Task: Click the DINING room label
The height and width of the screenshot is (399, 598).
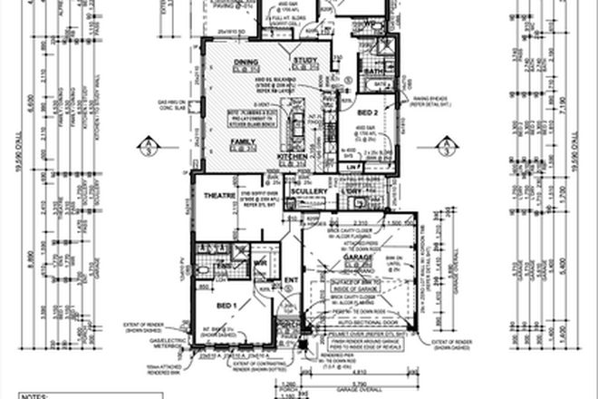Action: coord(246,63)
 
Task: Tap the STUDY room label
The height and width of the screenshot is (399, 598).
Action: coord(302,63)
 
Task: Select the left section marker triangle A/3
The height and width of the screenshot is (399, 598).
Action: coord(148,145)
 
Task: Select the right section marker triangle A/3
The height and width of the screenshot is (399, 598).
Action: coord(448,145)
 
